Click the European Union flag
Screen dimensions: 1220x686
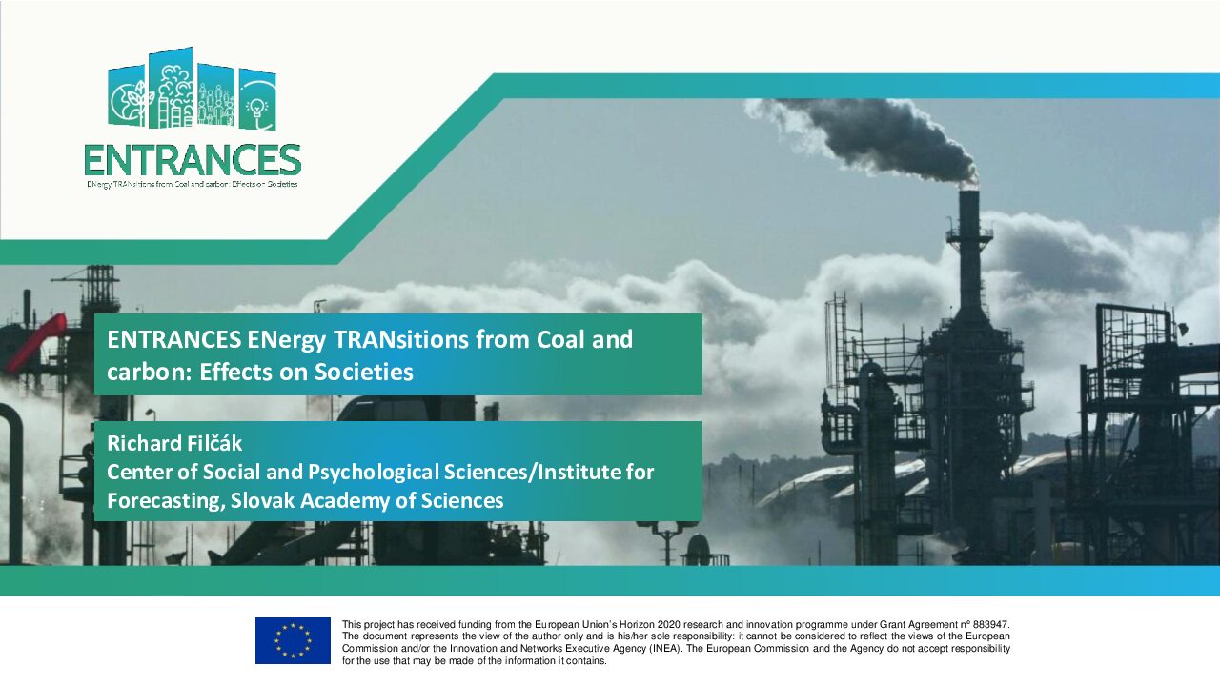click(x=293, y=640)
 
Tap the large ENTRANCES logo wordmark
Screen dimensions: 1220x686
click(x=193, y=160)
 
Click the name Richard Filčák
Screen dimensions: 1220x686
click(x=174, y=443)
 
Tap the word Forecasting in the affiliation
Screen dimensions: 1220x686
click(x=166, y=501)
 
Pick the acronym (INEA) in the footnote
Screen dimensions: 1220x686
click(x=664, y=649)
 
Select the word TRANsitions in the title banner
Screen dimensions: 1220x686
click(x=401, y=339)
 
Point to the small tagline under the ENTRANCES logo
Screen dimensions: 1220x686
click(x=193, y=184)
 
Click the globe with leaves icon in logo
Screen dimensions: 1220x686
click(x=128, y=100)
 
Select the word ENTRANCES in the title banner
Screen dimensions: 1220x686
click(x=174, y=339)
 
